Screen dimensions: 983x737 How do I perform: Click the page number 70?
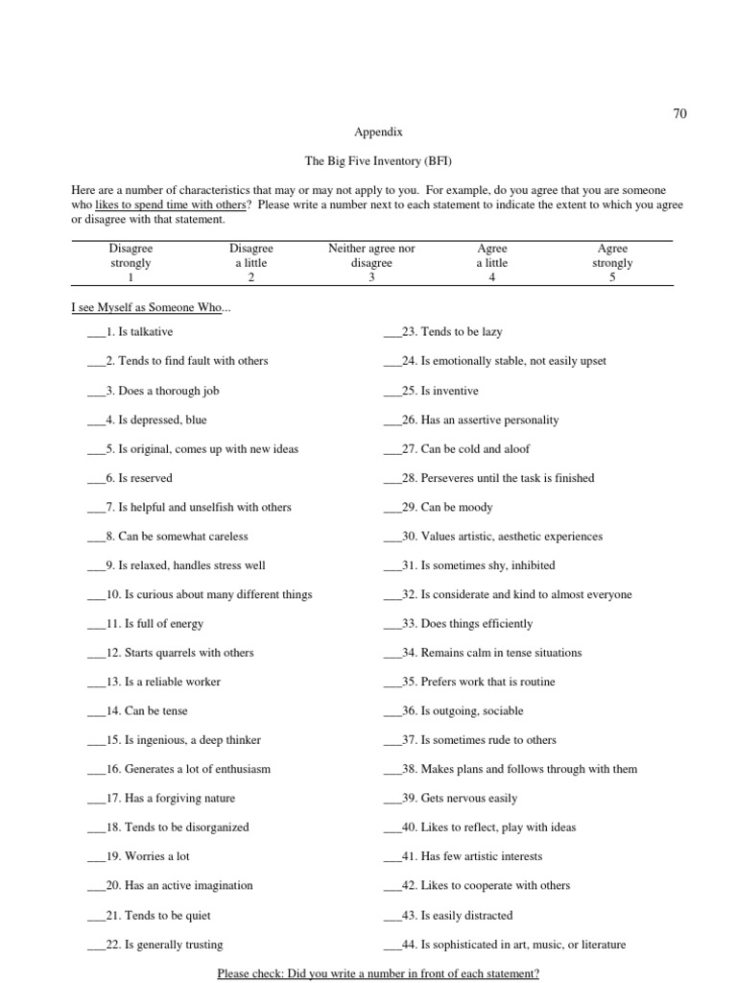point(679,113)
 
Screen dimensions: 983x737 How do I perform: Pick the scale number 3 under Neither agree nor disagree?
point(371,277)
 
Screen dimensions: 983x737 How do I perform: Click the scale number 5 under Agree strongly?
point(612,277)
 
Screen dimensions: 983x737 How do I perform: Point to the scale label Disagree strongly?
point(131,255)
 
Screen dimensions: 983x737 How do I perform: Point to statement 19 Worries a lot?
point(148,856)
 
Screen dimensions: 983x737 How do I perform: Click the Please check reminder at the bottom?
point(378,973)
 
